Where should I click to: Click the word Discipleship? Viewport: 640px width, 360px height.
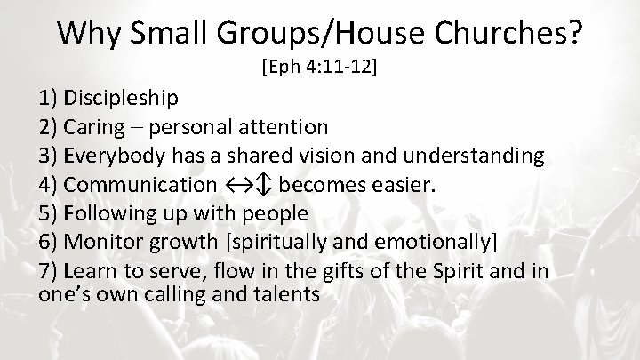pyautogui.click(x=121, y=98)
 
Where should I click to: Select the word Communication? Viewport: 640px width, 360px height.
pyautogui.click(x=140, y=185)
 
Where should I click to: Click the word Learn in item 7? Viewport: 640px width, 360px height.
pyautogui.click(x=87, y=270)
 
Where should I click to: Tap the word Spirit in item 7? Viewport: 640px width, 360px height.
pyautogui.click(x=457, y=270)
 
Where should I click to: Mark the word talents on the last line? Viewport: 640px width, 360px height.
pyautogui.click(x=287, y=294)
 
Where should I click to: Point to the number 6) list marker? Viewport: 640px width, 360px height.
pyautogui.click(x=48, y=242)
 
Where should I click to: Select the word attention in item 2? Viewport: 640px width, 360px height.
pyautogui.click(x=284, y=127)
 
